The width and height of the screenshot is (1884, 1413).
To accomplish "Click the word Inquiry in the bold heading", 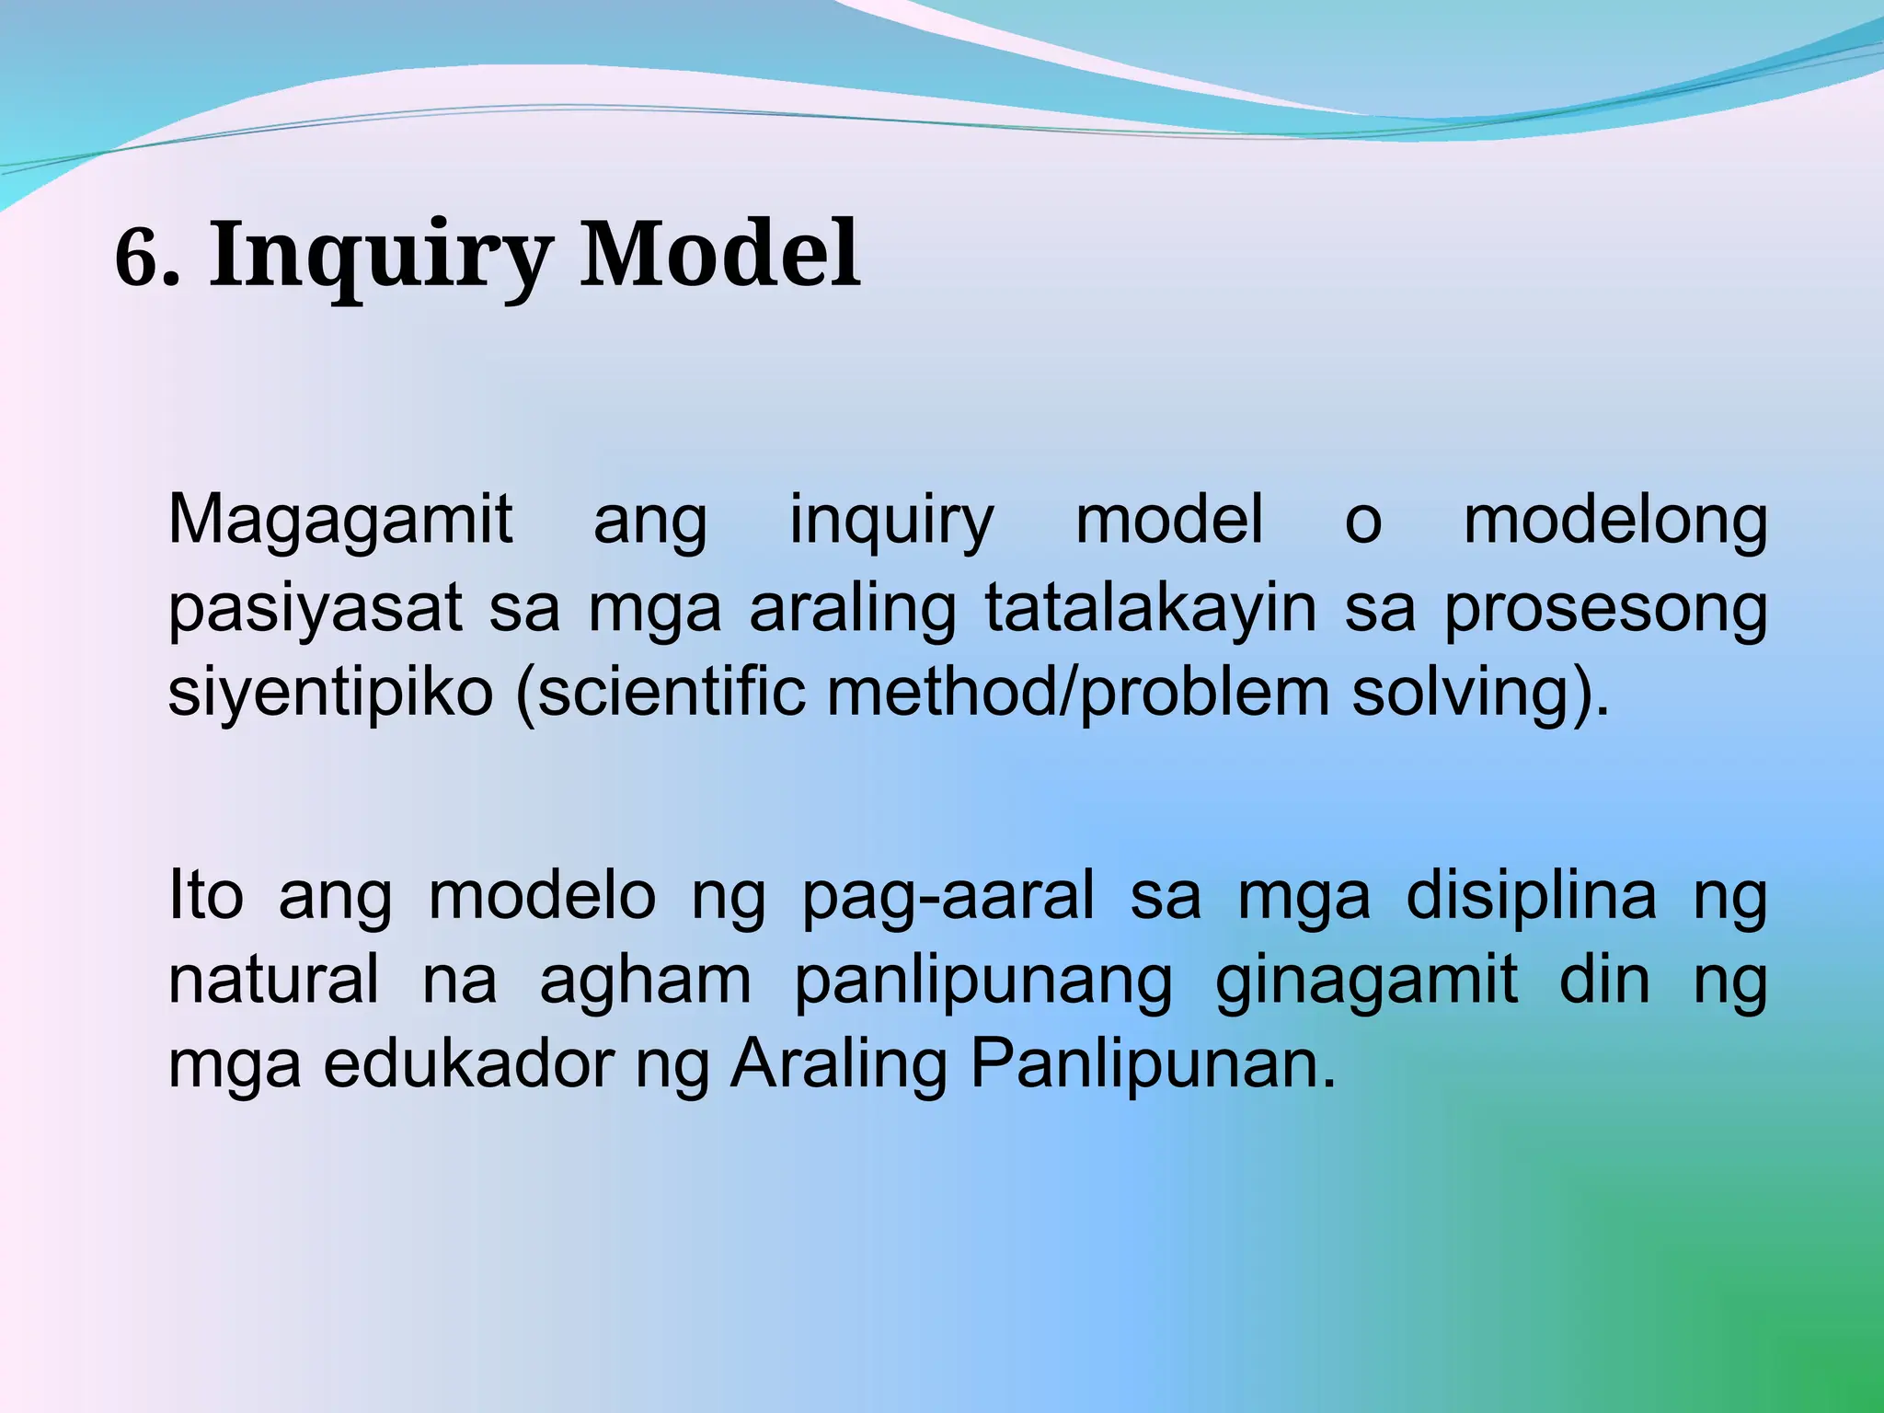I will [x=381, y=255].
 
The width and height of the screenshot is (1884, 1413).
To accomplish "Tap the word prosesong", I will [x=1605, y=609].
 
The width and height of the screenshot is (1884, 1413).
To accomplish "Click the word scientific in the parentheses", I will [x=671, y=692].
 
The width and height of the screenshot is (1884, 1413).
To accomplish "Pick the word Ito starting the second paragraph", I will [x=206, y=894].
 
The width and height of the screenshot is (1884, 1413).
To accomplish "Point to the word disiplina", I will [x=1531, y=894].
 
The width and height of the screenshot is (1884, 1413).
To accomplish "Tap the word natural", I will [x=273, y=979].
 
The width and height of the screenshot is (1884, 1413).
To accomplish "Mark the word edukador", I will [x=468, y=1065].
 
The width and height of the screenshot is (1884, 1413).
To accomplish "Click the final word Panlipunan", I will [x=1153, y=1065].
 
